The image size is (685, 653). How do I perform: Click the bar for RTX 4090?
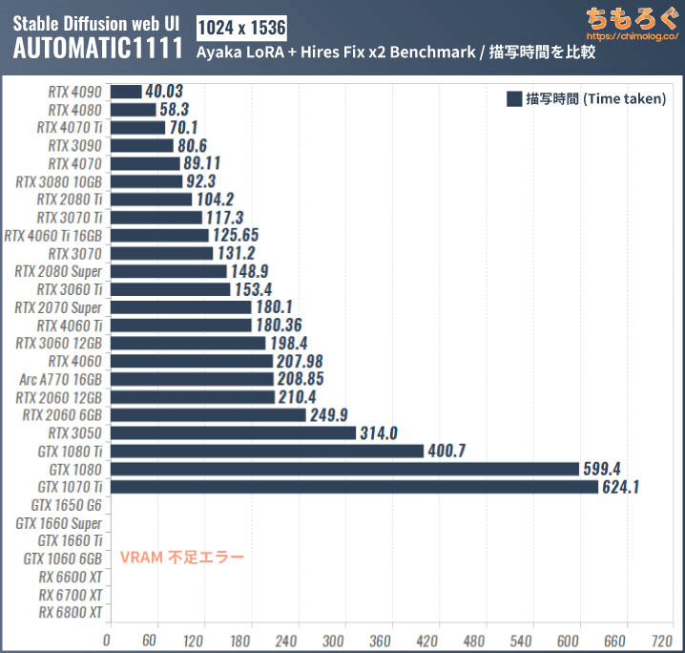tap(125, 92)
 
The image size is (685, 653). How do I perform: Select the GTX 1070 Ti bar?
tap(353, 487)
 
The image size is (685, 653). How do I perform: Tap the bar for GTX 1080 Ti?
tap(266, 451)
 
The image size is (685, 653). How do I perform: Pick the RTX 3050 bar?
tap(233, 432)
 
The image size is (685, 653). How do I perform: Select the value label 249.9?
tap(331, 414)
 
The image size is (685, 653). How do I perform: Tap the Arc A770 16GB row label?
tap(61, 379)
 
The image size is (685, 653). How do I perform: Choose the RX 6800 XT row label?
tap(71, 612)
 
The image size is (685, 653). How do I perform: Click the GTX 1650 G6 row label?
tap(66, 504)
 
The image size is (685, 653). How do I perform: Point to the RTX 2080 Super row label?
tap(58, 271)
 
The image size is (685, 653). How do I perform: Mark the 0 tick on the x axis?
tap(109, 640)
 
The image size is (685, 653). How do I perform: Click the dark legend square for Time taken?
tap(514, 98)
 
